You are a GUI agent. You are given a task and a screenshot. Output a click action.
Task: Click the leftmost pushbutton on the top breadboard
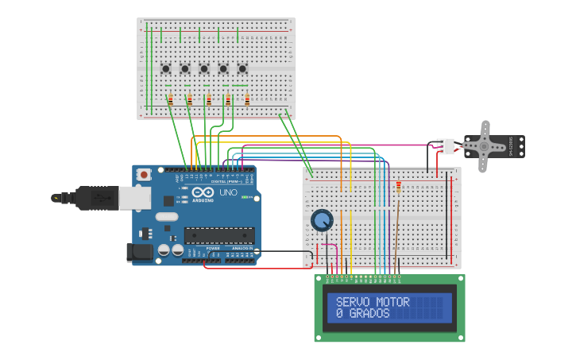[x=166, y=69]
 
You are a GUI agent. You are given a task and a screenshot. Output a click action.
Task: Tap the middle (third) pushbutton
[x=204, y=69]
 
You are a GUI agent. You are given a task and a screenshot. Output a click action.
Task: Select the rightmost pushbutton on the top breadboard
[x=242, y=69]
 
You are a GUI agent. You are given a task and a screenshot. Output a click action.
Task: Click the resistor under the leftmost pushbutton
[x=170, y=100]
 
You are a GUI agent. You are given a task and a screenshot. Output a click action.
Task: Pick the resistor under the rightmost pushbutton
[x=247, y=100]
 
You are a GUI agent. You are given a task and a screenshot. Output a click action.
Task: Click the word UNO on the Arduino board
[x=228, y=192]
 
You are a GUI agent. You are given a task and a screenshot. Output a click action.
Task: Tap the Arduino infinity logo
[x=203, y=192]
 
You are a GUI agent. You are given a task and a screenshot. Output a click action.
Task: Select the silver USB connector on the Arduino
[x=135, y=197]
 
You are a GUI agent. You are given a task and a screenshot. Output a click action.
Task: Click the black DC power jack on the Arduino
[x=140, y=252]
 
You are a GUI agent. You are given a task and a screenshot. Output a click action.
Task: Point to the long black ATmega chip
[x=219, y=234]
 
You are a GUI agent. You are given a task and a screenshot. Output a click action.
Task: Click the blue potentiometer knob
[x=322, y=219]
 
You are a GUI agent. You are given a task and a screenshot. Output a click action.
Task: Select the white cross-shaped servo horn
[x=483, y=146]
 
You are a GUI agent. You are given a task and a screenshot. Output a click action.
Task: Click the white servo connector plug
[x=446, y=146]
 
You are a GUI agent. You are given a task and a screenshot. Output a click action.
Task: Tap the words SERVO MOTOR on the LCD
[x=373, y=302]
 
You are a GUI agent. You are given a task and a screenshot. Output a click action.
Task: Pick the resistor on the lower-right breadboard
[x=398, y=187]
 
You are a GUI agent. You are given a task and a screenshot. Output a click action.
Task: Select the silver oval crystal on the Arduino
[x=167, y=216]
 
